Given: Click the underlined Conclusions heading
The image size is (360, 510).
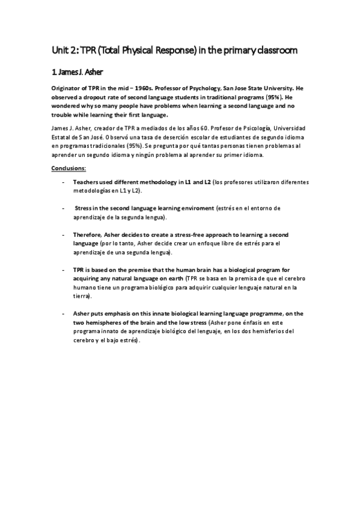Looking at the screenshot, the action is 69,168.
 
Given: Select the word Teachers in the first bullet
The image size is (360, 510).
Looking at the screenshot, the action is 86,182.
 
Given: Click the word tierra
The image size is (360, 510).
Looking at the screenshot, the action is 81,296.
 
